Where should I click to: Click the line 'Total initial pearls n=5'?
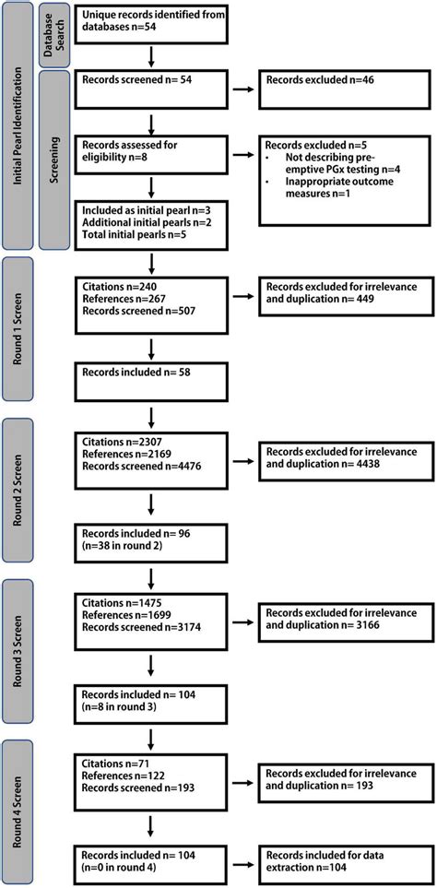coord(134,235)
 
